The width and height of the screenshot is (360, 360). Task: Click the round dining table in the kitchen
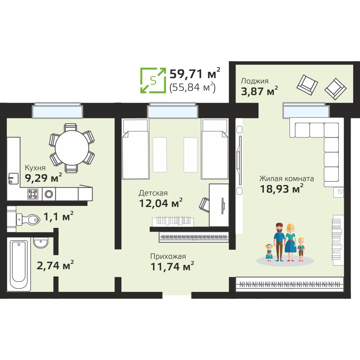(72, 148)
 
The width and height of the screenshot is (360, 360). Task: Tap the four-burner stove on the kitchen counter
(33, 194)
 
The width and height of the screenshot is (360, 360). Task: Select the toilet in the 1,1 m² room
(28, 220)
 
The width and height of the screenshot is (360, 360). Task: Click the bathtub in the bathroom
(19, 264)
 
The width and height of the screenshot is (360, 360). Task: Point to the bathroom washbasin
(41, 242)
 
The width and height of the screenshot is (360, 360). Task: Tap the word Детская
(153, 193)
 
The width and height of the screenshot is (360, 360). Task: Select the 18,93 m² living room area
(282, 189)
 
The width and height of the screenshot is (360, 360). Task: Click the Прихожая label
(168, 256)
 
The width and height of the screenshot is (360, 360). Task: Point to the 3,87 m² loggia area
(259, 91)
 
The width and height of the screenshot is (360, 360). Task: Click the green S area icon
(153, 80)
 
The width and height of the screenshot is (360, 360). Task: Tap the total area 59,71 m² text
(195, 73)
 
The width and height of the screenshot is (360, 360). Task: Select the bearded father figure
(279, 242)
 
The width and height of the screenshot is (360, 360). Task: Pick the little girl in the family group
(269, 253)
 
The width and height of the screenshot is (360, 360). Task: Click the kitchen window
(57, 111)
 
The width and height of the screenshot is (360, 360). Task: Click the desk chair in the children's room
(204, 204)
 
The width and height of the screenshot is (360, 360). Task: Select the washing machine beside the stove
(49, 194)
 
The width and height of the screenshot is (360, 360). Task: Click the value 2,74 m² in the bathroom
(55, 265)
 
